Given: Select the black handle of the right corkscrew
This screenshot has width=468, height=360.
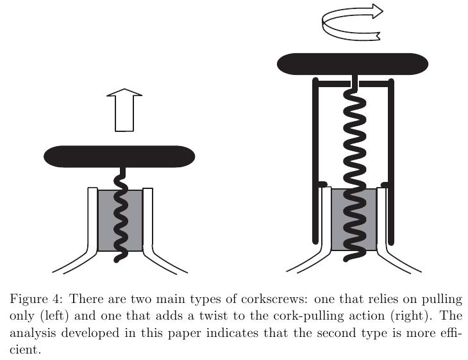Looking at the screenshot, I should (x=352, y=63).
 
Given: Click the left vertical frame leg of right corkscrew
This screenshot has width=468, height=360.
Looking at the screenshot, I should (x=315, y=160).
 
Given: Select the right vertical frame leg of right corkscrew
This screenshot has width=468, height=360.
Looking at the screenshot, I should (x=391, y=160).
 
